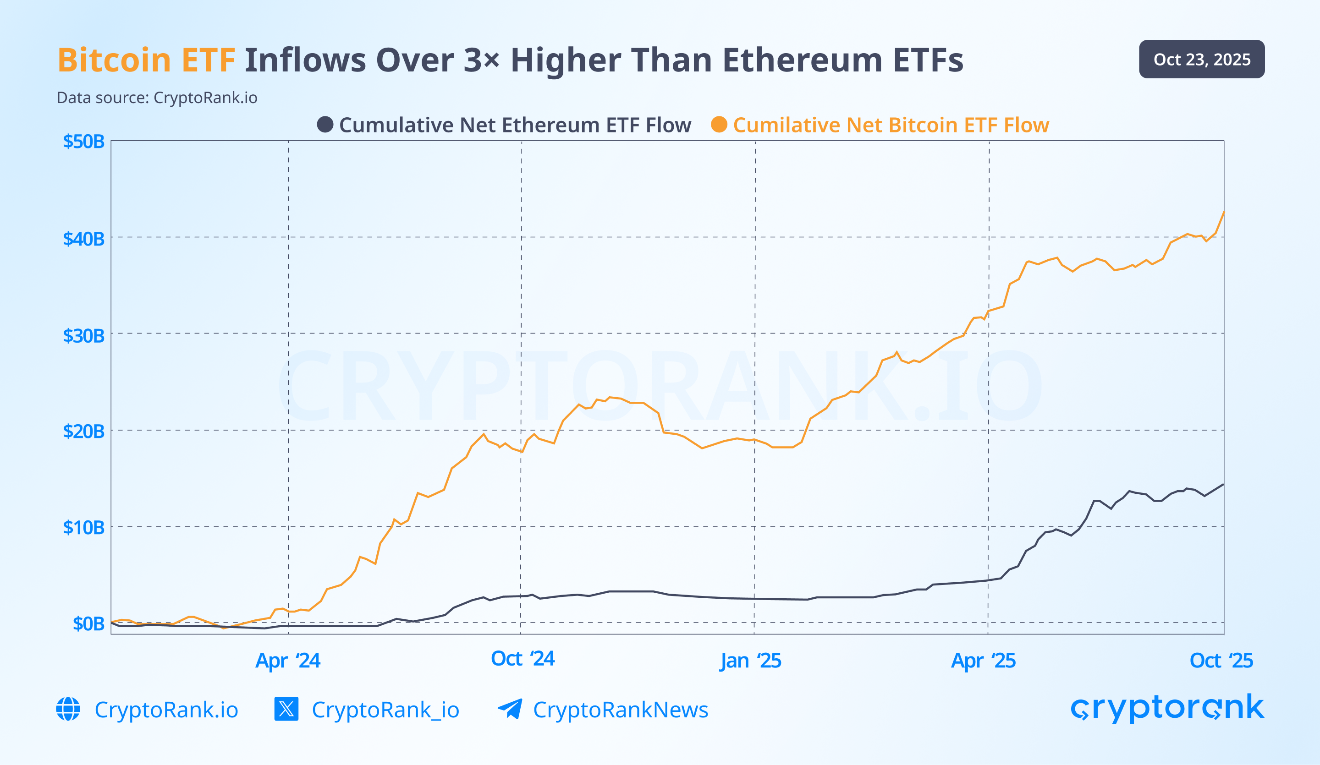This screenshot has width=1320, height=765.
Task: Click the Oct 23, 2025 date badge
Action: [x=1202, y=59]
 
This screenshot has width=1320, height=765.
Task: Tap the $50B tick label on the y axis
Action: [x=84, y=142]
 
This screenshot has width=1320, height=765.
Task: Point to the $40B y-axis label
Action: [x=84, y=239]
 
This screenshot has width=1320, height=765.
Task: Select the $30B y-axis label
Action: [x=84, y=336]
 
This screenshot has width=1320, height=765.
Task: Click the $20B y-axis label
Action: [x=84, y=432]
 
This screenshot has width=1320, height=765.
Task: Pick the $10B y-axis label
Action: [x=84, y=527]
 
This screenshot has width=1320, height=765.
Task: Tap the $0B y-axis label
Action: [x=88, y=623]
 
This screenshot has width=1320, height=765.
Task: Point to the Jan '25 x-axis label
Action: [x=750, y=660]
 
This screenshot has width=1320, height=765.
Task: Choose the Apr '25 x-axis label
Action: [x=983, y=660]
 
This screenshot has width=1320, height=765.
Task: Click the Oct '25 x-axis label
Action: [x=1221, y=660]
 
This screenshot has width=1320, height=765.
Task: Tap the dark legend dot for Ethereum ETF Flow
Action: [x=325, y=125]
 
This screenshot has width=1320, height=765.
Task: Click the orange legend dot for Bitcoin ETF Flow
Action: [x=719, y=125]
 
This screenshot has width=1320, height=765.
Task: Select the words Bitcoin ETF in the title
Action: [x=146, y=60]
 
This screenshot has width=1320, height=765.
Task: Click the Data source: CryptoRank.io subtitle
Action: [x=157, y=98]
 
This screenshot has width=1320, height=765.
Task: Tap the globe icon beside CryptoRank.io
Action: [x=68, y=709]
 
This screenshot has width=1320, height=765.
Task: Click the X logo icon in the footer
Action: [x=286, y=709]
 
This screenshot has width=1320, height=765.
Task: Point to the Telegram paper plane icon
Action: [x=510, y=709]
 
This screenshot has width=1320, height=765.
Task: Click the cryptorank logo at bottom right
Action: [x=1167, y=709]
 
